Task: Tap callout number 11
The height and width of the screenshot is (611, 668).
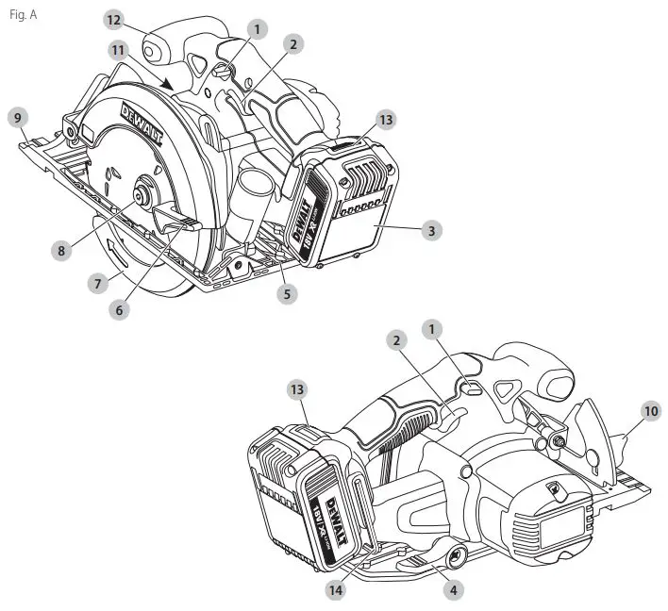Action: (x=116, y=49)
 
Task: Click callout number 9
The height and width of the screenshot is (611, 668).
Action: (x=17, y=118)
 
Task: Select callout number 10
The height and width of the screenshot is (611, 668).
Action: (x=651, y=410)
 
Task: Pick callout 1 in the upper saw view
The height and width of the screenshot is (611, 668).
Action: (x=255, y=30)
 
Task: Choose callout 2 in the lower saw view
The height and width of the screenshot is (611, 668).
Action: (x=397, y=340)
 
